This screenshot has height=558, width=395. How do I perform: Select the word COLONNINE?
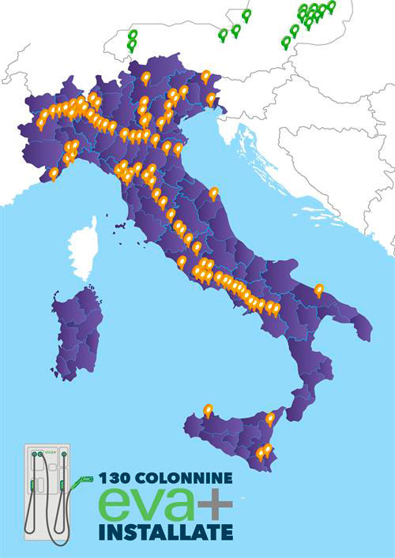pos(185,477)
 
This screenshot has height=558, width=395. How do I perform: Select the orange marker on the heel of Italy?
pos(319,290)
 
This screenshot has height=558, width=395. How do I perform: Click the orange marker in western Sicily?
pos(208,410)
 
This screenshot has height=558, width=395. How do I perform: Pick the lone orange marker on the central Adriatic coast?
pos(213,192)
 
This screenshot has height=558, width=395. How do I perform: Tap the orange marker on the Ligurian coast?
pos(54,173)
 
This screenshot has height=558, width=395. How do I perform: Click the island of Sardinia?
pos(77,331)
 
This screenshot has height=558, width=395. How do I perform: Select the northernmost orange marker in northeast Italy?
pos(205,76)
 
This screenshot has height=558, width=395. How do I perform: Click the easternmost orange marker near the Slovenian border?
pos(211,98)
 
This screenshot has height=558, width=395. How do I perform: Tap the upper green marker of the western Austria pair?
pos(133,35)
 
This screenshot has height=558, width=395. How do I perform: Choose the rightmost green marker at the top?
pos(331,6)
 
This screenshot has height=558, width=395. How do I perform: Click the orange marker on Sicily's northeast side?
pos(270,418)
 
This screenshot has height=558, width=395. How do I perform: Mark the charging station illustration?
pos(47,492)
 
